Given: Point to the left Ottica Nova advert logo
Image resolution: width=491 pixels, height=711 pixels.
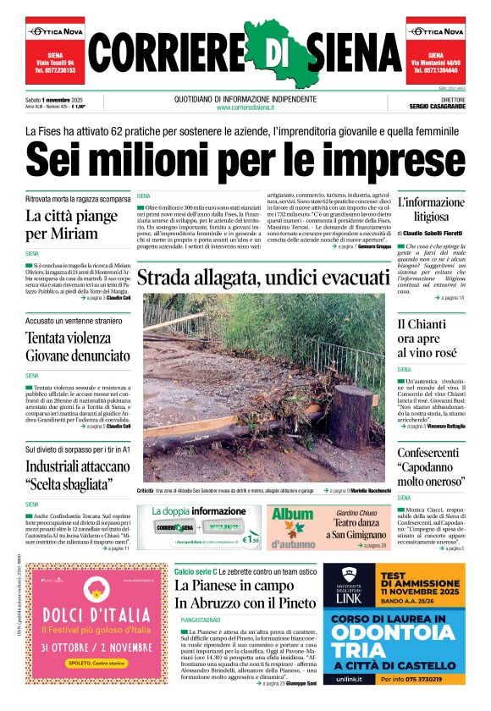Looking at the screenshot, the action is tap(54, 31).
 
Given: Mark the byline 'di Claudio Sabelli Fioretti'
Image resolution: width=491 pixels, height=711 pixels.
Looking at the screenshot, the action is tap(430, 233).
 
